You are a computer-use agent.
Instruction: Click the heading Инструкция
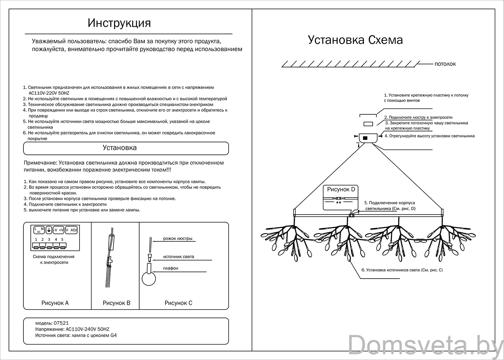click(x=119, y=23)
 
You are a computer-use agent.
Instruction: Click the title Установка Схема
click(x=355, y=40)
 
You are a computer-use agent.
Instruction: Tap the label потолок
click(x=445, y=64)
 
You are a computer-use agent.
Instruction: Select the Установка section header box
click(x=126, y=148)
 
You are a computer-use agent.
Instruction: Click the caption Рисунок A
click(x=55, y=303)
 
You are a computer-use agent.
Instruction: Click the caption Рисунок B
click(x=116, y=303)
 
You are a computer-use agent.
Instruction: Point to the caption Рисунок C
click(x=178, y=303)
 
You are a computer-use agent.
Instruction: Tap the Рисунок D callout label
click(x=341, y=189)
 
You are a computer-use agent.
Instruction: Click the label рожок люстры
click(x=178, y=239)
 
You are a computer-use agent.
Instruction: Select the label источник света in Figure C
click(x=179, y=257)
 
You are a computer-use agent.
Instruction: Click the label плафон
click(x=171, y=268)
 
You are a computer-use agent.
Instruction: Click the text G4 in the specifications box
click(x=113, y=335)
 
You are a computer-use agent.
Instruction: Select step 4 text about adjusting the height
click(x=429, y=136)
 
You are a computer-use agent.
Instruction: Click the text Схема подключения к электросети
click(x=54, y=259)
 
